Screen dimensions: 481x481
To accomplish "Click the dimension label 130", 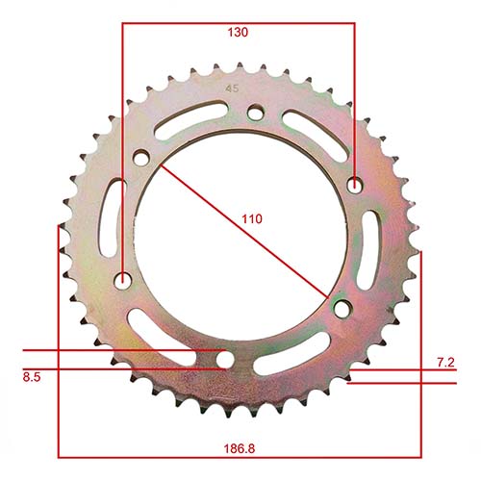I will (x=239, y=32).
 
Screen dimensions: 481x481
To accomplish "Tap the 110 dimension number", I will (x=251, y=219).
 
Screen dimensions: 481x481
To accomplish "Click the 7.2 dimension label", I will (x=445, y=362).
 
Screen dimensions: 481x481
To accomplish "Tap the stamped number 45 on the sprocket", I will (x=231, y=89).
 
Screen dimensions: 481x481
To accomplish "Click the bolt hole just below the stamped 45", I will (x=254, y=113).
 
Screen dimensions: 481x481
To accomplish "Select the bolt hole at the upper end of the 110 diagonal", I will (x=142, y=158).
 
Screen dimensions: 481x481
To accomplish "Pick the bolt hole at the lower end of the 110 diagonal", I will (x=341, y=307).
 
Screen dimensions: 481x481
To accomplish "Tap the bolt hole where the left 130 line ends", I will (x=122, y=280).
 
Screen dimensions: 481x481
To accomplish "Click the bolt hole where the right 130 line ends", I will (x=355, y=185).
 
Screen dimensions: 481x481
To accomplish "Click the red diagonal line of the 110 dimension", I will (x=240, y=232).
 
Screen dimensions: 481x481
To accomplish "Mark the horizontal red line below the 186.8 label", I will (x=240, y=455).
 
